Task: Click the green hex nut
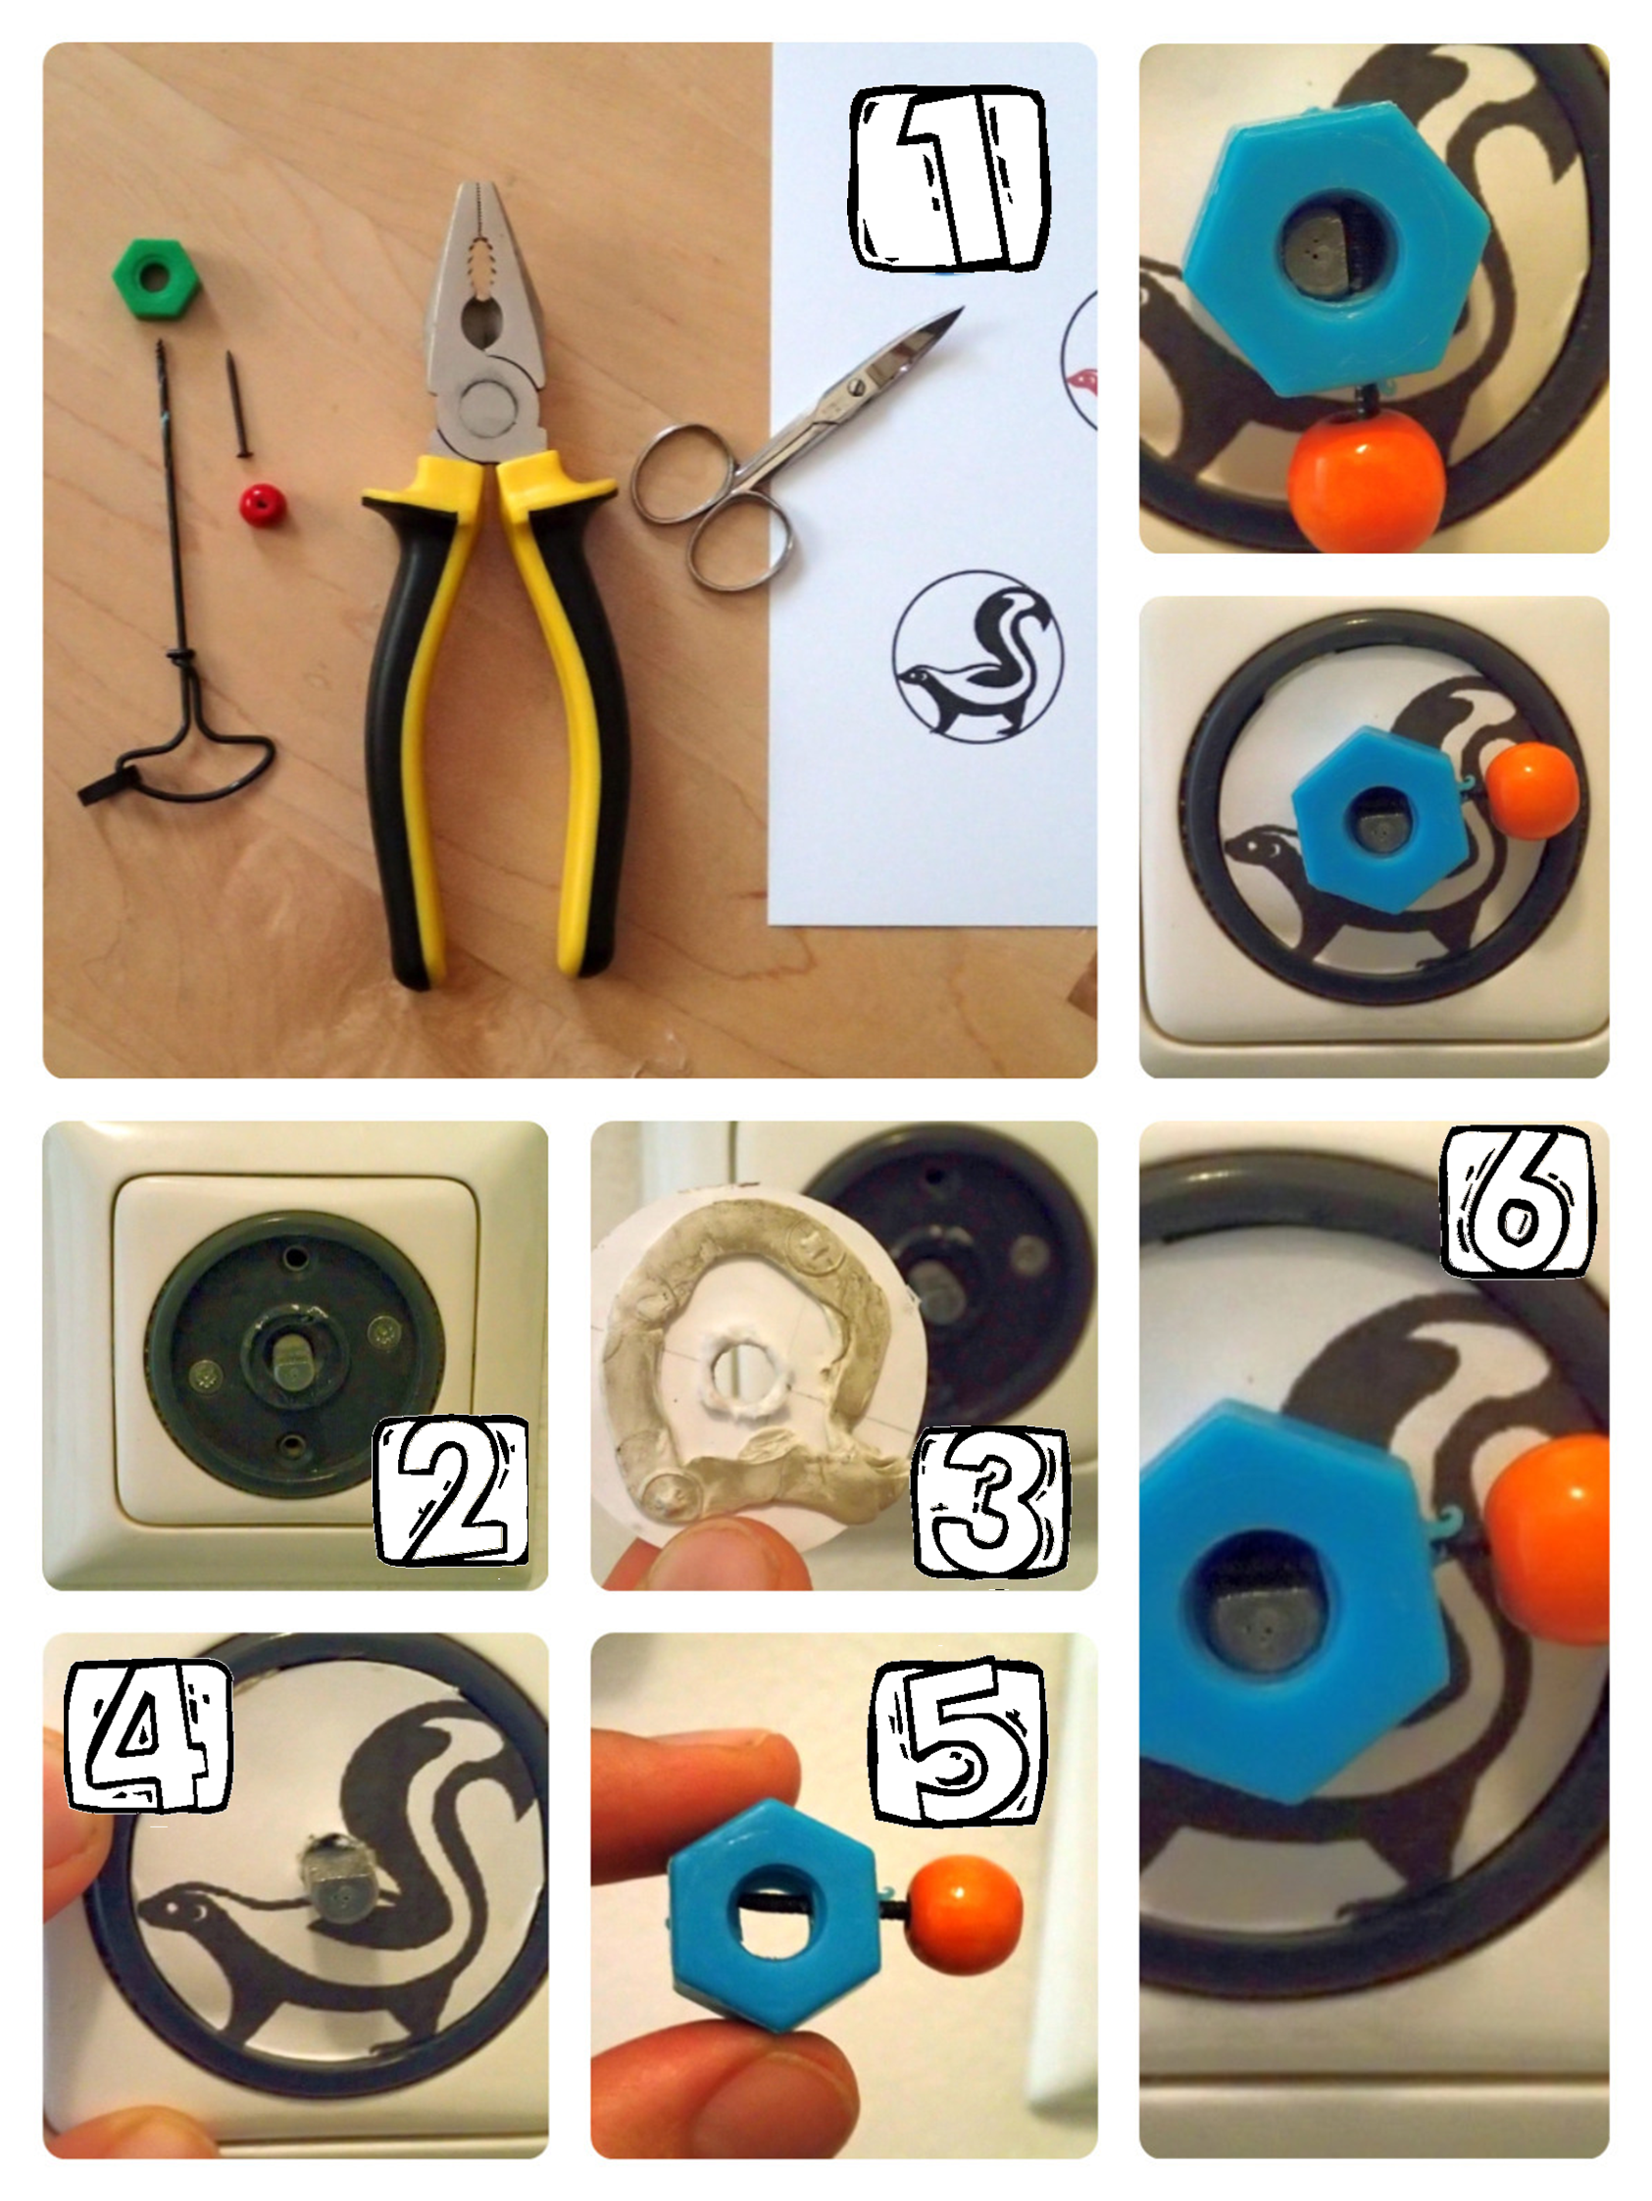point(155,275)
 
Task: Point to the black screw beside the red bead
point(238,405)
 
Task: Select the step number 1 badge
point(948,179)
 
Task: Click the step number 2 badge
point(453,1490)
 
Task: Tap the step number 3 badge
point(991,1503)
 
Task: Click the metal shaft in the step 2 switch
point(292,1361)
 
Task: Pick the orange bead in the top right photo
point(1366,480)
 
